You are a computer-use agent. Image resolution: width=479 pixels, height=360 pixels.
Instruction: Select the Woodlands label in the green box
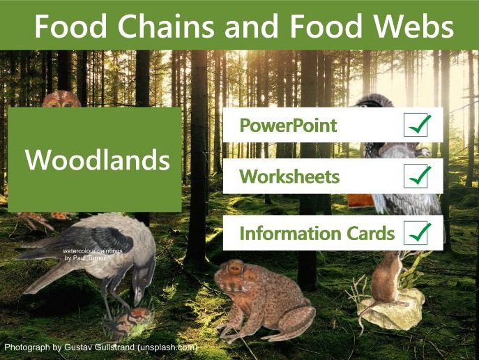coord(98,160)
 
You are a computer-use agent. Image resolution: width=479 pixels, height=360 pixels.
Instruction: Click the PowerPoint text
coord(288,126)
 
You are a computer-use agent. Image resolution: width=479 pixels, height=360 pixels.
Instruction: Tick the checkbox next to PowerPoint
coord(418,126)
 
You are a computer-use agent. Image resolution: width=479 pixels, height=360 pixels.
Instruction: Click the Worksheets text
coord(289,177)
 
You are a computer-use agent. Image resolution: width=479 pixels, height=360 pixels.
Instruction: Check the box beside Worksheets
coord(418,177)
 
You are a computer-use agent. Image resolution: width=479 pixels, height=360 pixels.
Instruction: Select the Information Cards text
coord(317,233)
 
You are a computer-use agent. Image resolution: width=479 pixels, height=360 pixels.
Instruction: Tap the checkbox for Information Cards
coord(418,233)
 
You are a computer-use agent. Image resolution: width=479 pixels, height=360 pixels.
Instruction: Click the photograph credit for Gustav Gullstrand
coord(101,347)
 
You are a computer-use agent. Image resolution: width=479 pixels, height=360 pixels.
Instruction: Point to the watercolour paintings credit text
coord(88,254)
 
